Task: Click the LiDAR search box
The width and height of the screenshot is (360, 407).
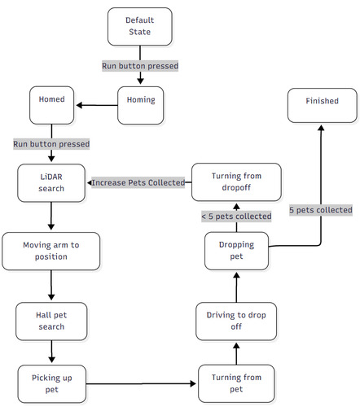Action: [x=52, y=182]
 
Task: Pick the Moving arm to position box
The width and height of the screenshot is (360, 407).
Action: [x=51, y=251]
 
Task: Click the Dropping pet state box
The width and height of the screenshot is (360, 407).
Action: [x=236, y=250]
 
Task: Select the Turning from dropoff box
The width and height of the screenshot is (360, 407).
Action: [x=236, y=182]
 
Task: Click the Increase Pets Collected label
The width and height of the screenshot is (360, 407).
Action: [x=139, y=182]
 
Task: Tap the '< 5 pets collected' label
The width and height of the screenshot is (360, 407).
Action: [x=236, y=216]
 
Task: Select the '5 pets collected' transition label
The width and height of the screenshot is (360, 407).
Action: [x=321, y=209]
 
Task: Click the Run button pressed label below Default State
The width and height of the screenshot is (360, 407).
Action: [x=140, y=65]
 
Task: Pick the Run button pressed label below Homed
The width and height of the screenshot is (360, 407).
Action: [x=51, y=143]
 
